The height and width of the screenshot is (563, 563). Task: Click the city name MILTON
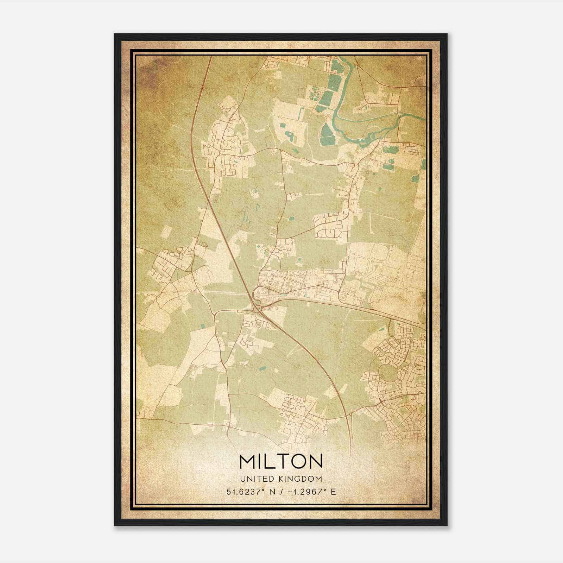click(x=281, y=461)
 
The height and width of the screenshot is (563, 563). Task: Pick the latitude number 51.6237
click(x=245, y=492)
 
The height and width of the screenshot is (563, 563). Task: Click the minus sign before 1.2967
click(x=290, y=492)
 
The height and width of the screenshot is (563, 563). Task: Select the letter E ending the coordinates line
click(x=333, y=492)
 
